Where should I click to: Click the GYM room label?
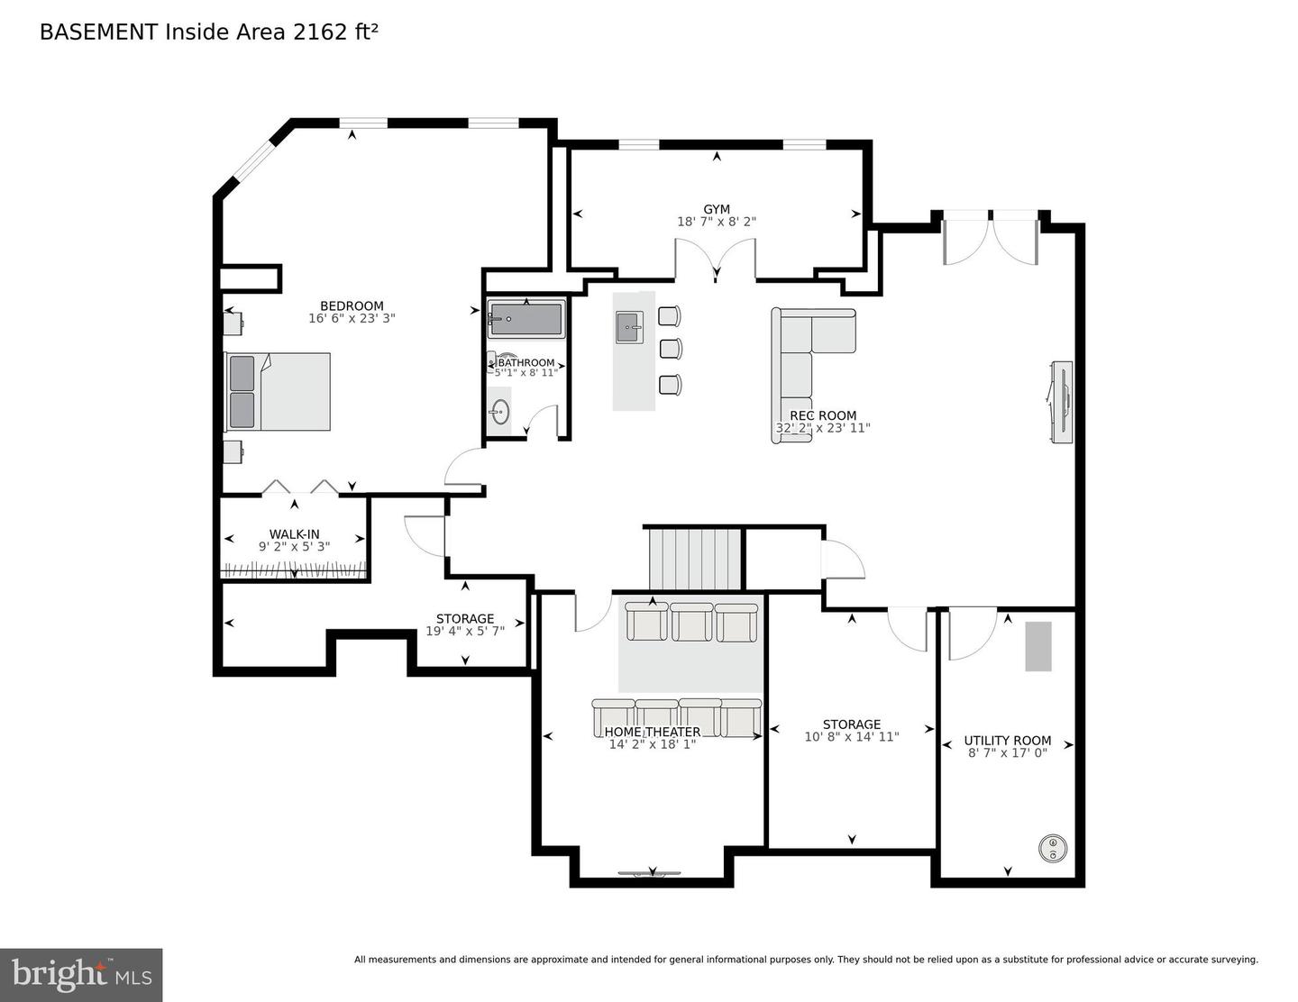(x=717, y=209)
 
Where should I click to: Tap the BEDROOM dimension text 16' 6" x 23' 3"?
(x=352, y=318)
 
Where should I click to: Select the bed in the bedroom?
(x=278, y=391)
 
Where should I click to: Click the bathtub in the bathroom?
(x=526, y=319)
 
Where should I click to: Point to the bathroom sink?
(x=499, y=413)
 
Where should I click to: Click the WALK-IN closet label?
(x=294, y=534)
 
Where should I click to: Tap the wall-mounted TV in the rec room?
(x=1061, y=402)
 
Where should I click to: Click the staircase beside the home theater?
(x=695, y=559)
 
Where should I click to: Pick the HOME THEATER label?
(x=652, y=732)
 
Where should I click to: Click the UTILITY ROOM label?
(x=1007, y=741)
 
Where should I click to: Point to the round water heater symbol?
(x=1052, y=848)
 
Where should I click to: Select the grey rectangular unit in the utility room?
(x=1038, y=646)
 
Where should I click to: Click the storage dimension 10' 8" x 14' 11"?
(x=851, y=736)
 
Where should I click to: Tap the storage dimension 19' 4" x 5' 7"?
(x=465, y=631)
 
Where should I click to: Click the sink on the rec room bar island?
(x=630, y=327)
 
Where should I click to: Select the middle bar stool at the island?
(x=670, y=349)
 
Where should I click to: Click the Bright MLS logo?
(x=81, y=975)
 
